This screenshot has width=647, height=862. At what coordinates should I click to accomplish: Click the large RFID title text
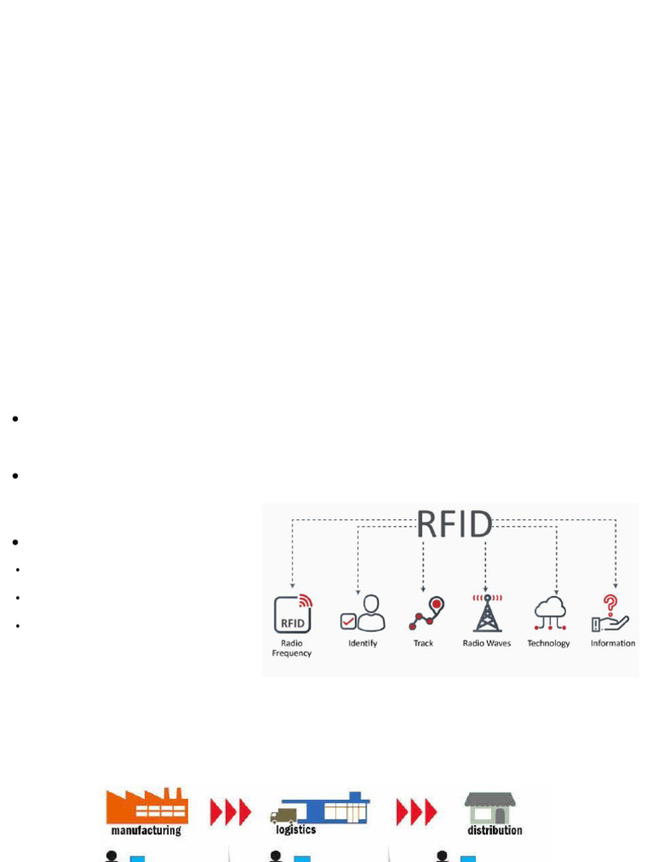click(454, 524)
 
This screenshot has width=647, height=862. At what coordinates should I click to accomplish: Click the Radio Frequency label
click(291, 648)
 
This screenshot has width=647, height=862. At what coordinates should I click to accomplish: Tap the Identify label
click(362, 643)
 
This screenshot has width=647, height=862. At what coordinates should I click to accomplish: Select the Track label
click(423, 643)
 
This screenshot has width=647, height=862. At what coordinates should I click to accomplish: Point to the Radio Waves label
click(487, 643)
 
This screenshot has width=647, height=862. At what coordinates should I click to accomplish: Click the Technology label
click(548, 643)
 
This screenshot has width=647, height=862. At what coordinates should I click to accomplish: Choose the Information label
click(612, 643)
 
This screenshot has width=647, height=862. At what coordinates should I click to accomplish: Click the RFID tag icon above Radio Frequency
click(292, 613)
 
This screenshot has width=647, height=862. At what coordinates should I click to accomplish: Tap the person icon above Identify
click(363, 613)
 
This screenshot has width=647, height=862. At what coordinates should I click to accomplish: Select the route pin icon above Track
click(425, 614)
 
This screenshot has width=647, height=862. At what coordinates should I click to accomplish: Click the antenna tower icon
click(487, 613)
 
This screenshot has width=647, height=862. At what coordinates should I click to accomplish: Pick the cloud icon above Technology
click(549, 613)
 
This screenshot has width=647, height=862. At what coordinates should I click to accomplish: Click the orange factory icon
click(147, 806)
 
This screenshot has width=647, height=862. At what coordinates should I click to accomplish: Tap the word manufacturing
click(146, 831)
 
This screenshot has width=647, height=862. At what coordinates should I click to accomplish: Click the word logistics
click(296, 830)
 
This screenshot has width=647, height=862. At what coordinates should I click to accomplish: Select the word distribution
click(495, 830)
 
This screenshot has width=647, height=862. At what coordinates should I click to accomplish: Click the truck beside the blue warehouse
click(284, 815)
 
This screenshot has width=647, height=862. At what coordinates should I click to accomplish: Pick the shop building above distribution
click(489, 808)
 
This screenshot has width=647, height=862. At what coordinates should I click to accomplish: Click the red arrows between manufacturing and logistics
click(230, 812)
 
